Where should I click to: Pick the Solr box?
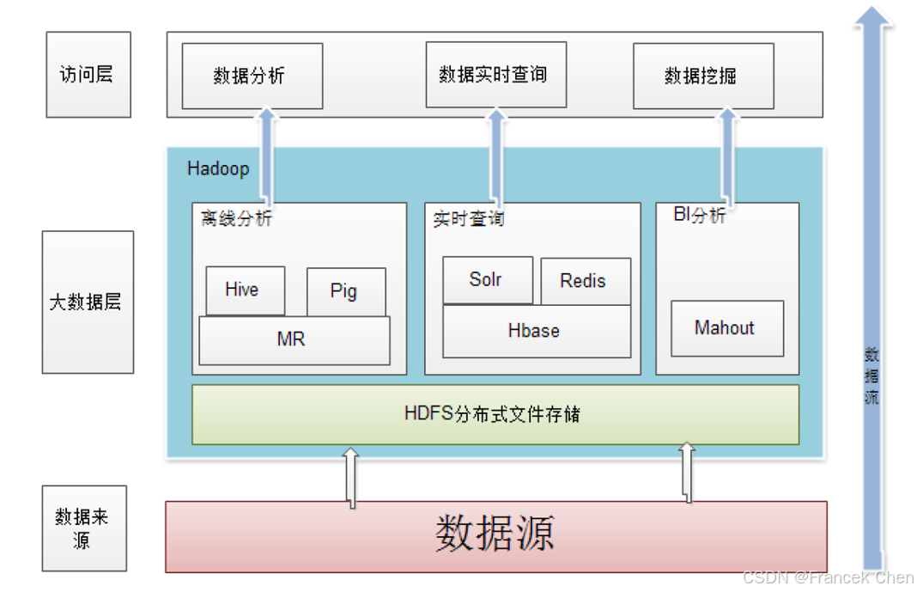click(x=487, y=279)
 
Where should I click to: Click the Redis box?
click(x=585, y=281)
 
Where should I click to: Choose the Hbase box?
click(x=536, y=332)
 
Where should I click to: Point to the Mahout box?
click(x=726, y=328)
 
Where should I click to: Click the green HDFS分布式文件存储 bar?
click(x=495, y=414)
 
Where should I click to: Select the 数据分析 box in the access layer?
click(x=252, y=76)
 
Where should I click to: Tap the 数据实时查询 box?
click(x=495, y=75)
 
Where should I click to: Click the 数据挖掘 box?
click(x=702, y=76)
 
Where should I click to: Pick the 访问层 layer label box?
click(x=88, y=74)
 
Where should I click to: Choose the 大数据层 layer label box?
click(x=88, y=302)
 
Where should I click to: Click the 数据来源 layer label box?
click(x=84, y=528)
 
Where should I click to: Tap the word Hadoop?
click(x=218, y=168)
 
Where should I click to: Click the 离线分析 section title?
click(x=236, y=218)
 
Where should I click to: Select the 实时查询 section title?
click(x=468, y=219)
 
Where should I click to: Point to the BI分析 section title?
click(x=699, y=216)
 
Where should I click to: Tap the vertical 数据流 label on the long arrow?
click(x=871, y=375)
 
